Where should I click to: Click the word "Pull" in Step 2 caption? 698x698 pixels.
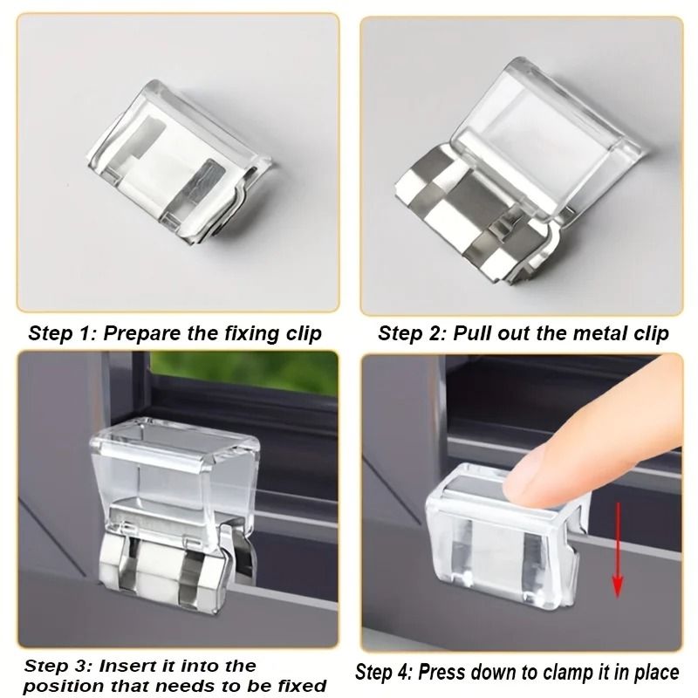point(473,333)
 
